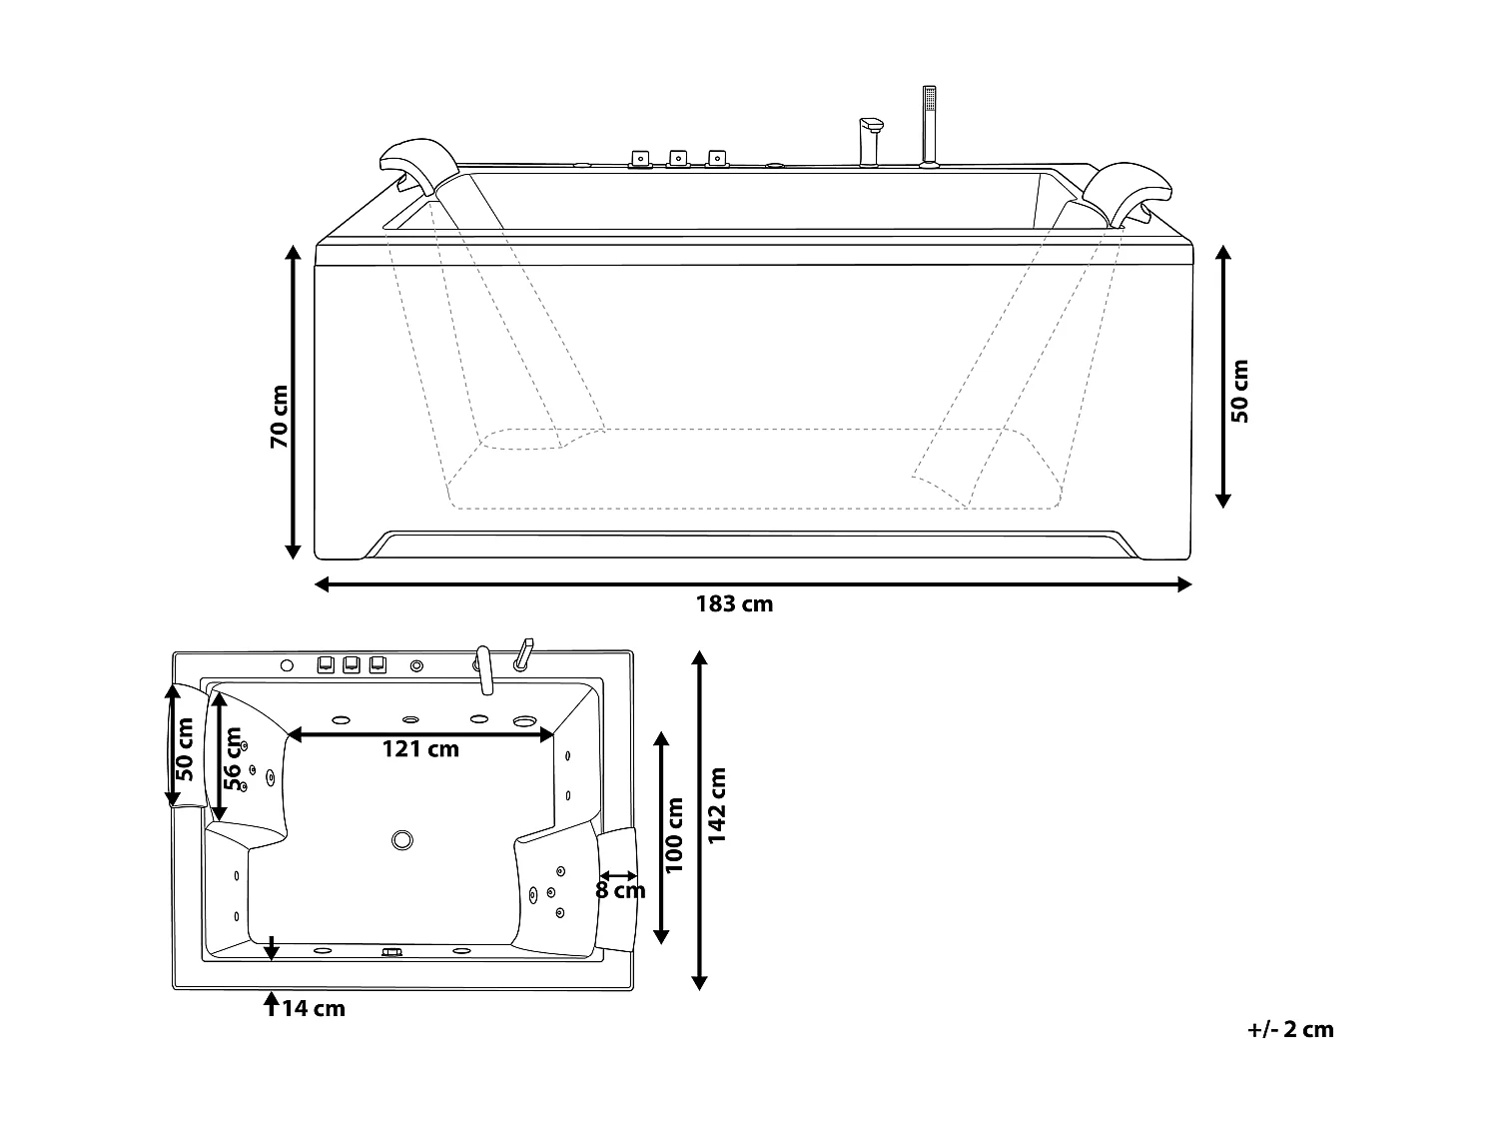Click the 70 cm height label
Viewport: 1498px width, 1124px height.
pyautogui.click(x=280, y=416)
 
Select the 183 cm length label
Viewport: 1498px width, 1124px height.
pyautogui.click(x=734, y=603)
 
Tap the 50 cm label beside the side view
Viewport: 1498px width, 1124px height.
pyautogui.click(x=1240, y=391)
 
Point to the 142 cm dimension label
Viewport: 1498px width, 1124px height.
pyautogui.click(x=716, y=805)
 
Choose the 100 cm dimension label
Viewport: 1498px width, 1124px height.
pyautogui.click(x=676, y=835)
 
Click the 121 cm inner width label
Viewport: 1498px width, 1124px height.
pyautogui.click(x=420, y=749)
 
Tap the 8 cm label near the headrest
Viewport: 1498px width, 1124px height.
pyautogui.click(x=620, y=889)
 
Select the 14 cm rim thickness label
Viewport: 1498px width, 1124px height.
pyautogui.click(x=313, y=1009)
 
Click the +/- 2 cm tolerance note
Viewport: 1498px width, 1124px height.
pyautogui.click(x=1290, y=1030)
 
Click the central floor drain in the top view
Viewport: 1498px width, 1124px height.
pyautogui.click(x=402, y=840)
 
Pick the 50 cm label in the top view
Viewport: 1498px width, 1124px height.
pyautogui.click(x=184, y=749)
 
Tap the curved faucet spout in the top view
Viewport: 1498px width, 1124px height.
pyautogui.click(x=484, y=669)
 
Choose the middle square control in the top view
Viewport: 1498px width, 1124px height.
pyautogui.click(x=351, y=664)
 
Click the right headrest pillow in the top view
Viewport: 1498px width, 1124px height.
pyautogui.click(x=619, y=889)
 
